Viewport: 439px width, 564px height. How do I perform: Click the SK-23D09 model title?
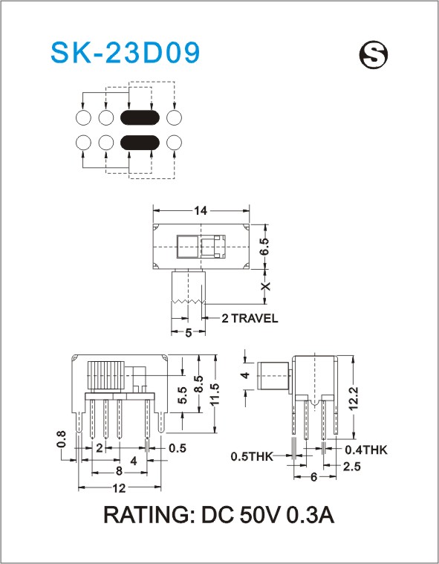125,53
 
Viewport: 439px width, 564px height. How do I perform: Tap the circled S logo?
374,54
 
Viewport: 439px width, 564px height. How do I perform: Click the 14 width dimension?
201,210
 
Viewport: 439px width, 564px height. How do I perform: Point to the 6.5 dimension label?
264,247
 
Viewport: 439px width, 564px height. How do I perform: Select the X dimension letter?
265,286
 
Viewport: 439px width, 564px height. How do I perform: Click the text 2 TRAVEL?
250,318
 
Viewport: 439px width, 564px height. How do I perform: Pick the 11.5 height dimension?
215,395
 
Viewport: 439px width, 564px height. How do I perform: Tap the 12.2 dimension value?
354,398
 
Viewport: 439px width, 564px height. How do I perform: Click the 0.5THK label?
252,456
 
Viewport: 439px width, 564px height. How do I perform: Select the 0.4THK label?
366,450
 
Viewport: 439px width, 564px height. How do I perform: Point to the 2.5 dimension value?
351,467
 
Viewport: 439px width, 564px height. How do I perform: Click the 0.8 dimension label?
61,439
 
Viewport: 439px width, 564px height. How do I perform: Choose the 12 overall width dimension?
119,488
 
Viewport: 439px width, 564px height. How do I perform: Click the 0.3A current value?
310,515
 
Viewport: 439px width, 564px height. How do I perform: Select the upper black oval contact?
140,117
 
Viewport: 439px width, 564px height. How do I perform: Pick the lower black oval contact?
140,143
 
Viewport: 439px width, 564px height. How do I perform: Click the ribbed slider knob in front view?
106,375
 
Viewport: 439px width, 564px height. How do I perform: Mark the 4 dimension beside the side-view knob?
245,375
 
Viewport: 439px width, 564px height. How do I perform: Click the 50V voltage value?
259,515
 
